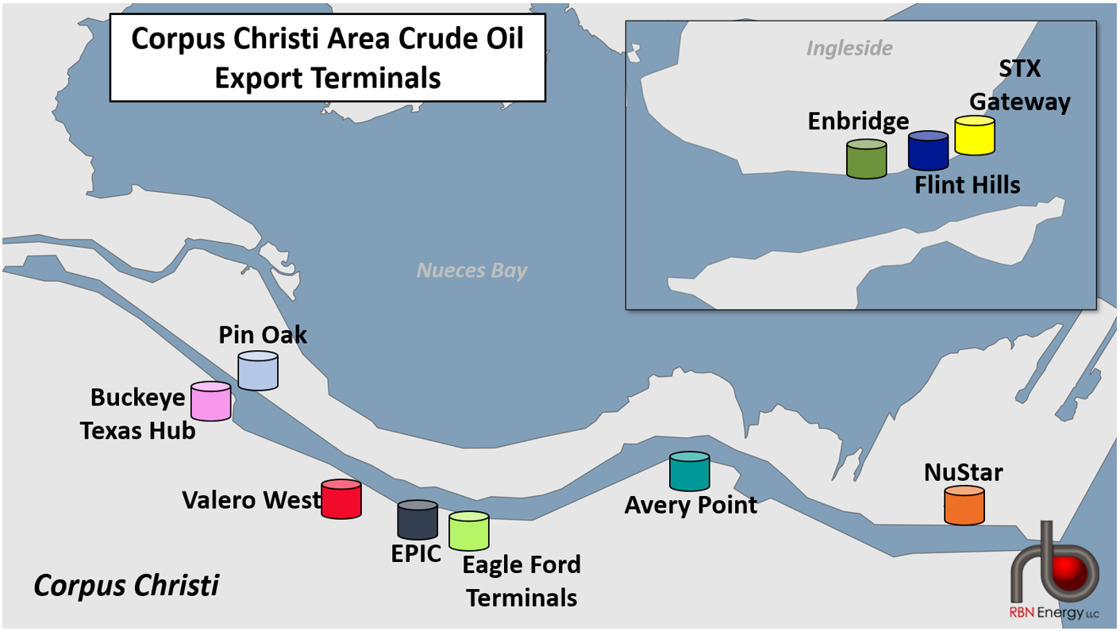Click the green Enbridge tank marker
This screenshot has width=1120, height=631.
[x=866, y=159]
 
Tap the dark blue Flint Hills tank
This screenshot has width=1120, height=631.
[x=928, y=151]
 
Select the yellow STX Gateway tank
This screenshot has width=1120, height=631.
[x=975, y=136]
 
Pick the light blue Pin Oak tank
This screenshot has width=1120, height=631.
[x=258, y=371]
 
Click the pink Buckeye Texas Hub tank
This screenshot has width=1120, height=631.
[x=210, y=402]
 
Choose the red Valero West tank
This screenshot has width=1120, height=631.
[x=341, y=500]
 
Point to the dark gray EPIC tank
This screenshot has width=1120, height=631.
[x=418, y=520]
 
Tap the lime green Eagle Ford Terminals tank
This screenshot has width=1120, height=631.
[x=469, y=531]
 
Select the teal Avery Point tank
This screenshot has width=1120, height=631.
[x=690, y=471]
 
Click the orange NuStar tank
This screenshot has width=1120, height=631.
[x=964, y=506]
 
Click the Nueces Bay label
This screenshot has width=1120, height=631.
[x=472, y=271]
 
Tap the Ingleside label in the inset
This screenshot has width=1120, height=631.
[x=849, y=48]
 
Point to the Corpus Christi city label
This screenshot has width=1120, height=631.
[x=126, y=586]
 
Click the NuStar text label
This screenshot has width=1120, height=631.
[x=963, y=472]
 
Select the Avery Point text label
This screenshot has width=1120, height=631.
[x=691, y=505]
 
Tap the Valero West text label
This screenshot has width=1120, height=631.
[x=251, y=500]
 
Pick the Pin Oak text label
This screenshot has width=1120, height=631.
[x=263, y=334]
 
